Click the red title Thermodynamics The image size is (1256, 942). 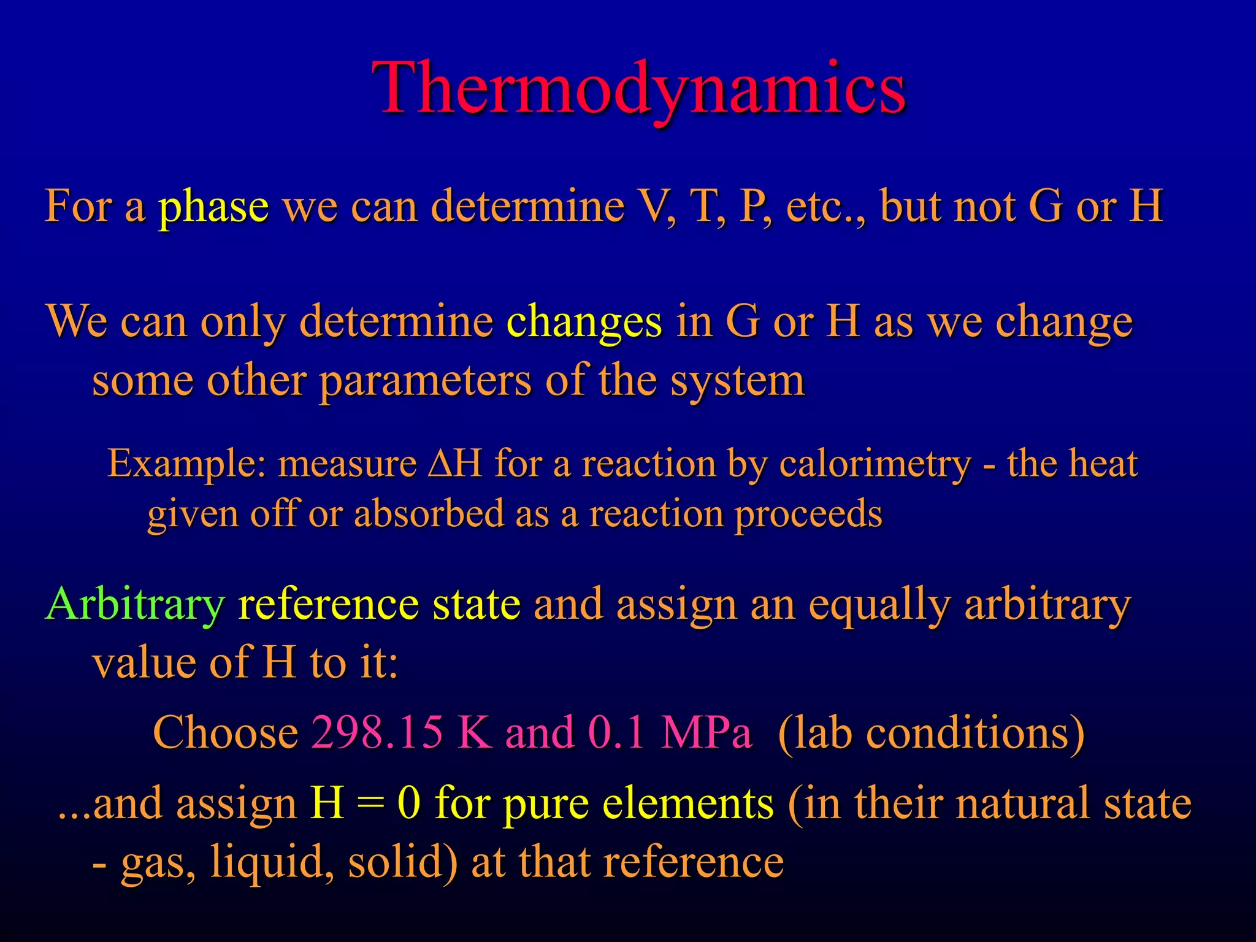[638, 89]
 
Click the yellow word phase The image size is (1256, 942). [213, 207]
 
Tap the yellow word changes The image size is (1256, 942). [584, 323]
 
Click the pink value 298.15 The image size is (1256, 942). [377, 732]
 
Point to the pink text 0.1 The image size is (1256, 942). [616, 732]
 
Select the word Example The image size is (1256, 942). [186, 464]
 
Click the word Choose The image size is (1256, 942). [225, 732]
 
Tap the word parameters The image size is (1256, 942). [426, 381]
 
